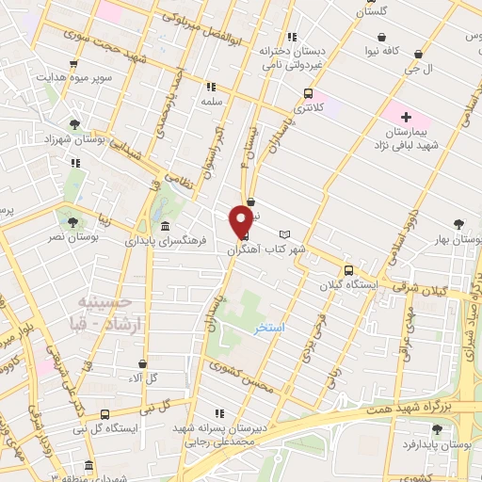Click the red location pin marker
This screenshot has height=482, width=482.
(243, 222)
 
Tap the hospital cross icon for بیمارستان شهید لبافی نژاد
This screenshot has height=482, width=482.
(406, 118)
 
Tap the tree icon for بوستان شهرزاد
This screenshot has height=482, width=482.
(72, 123)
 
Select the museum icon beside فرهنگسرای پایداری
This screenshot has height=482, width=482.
(166, 227)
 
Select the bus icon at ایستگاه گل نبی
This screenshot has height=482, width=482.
(104, 413)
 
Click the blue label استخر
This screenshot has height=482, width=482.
(270, 330)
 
